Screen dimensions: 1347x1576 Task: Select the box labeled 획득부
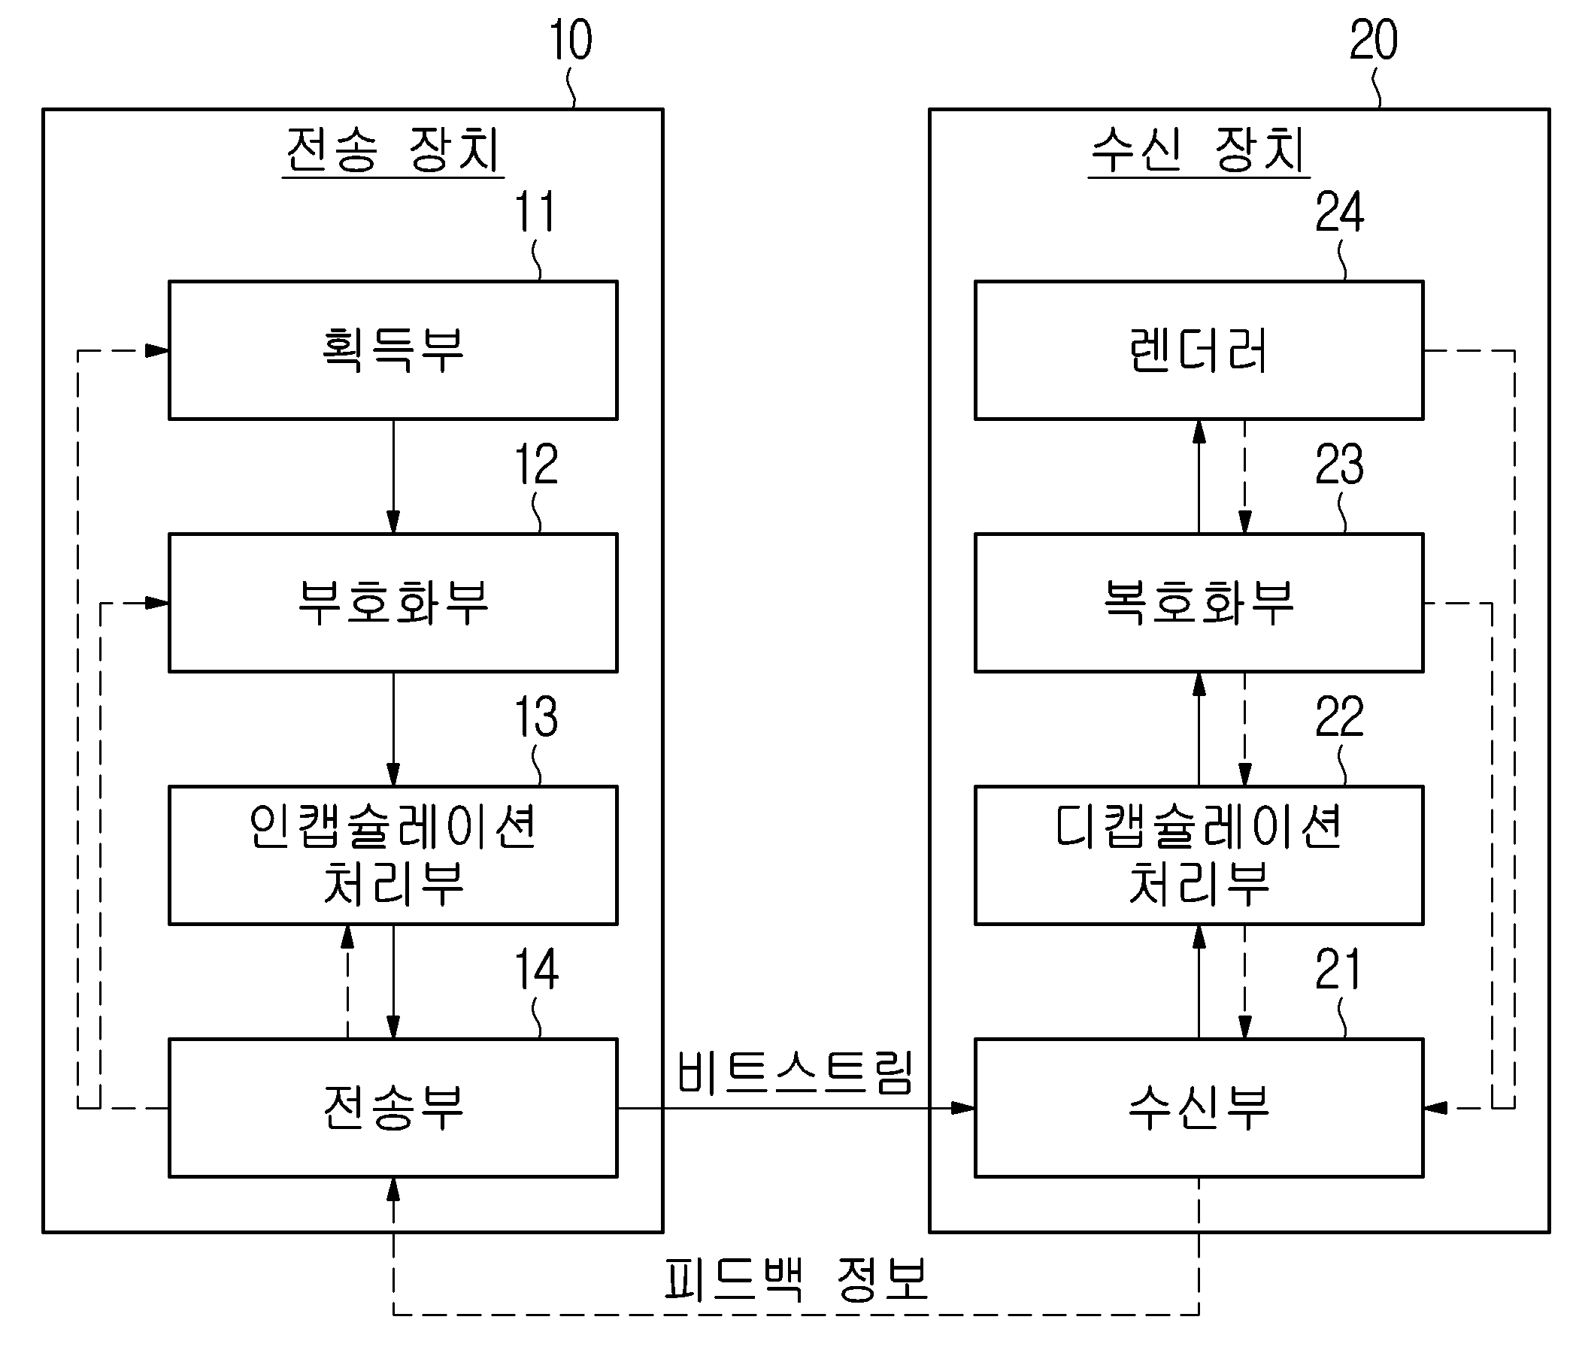pos(392,350)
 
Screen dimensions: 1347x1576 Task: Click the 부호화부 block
pos(392,602)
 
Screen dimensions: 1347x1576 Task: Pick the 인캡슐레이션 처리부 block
pos(392,855)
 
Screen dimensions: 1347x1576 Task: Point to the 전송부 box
pos(392,1107)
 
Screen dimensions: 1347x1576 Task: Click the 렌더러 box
pos(1198,350)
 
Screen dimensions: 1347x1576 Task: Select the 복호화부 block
pos(1198,602)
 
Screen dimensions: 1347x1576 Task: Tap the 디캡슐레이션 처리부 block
pos(1198,855)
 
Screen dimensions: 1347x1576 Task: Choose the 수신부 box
pos(1198,1107)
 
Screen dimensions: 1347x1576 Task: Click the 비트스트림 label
pos(794,1073)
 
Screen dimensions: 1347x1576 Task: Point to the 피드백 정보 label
pos(796,1279)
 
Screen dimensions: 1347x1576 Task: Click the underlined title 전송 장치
pos(392,150)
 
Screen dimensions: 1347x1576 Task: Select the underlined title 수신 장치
pos(1198,150)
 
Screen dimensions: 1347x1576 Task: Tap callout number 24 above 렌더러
pos(1338,212)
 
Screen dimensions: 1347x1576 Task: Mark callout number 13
pos(536,717)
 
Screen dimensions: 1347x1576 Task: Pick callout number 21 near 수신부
pos(1337,970)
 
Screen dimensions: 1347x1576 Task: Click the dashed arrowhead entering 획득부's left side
pos(157,350)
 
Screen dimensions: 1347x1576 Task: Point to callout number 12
pos(536,465)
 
